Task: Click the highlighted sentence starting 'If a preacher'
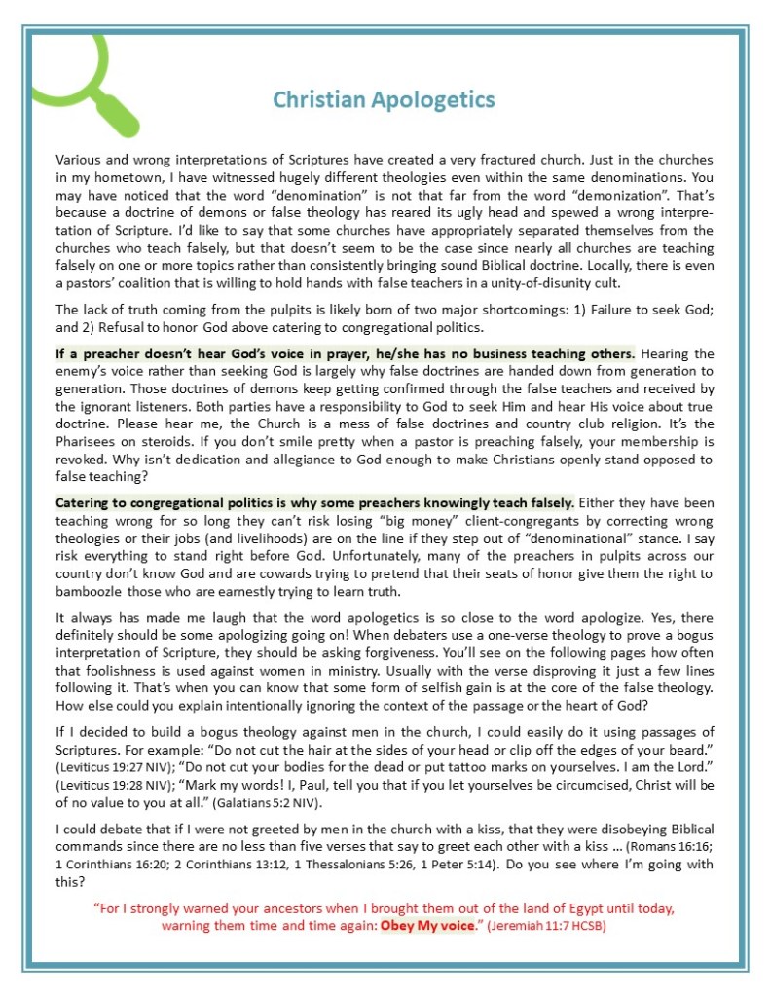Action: tap(346, 353)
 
